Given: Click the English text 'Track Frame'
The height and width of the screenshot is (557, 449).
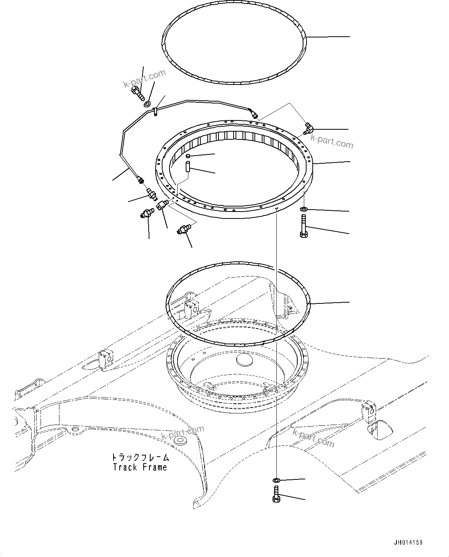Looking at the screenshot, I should pyautogui.click(x=140, y=467).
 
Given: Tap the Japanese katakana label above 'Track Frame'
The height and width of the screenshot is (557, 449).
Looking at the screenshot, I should pyautogui.click(x=140, y=457).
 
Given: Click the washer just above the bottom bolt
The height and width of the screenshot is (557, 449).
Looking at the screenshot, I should pyautogui.click(x=276, y=480).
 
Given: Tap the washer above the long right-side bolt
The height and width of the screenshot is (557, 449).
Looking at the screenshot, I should pyautogui.click(x=303, y=209).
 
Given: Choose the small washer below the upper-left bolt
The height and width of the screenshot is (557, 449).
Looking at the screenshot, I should pyautogui.click(x=147, y=104).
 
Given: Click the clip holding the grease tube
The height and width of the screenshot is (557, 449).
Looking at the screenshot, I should pyautogui.click(x=154, y=112).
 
